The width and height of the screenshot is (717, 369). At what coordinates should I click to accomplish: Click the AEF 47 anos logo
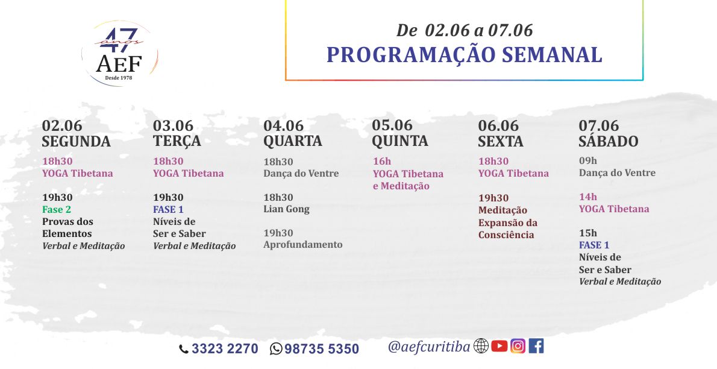click(119, 53)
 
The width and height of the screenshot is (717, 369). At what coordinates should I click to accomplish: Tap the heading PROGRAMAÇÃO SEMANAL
click(464, 55)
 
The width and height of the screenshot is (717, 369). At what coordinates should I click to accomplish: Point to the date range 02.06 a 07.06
click(479, 30)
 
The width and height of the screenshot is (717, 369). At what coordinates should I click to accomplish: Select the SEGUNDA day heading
click(77, 141)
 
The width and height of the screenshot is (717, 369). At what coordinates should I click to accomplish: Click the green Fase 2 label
click(57, 210)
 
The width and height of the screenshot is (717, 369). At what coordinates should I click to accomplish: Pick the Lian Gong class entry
click(286, 209)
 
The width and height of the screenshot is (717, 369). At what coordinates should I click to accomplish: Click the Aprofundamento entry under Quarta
click(302, 244)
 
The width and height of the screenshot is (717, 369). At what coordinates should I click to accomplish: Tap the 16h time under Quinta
click(382, 161)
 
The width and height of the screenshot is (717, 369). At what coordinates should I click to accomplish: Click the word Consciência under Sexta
click(506, 235)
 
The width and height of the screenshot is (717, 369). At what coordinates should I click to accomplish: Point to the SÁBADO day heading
click(608, 140)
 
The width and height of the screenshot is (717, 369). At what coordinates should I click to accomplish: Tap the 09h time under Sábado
click(588, 161)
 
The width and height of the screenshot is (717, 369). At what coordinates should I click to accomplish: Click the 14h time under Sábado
click(588, 197)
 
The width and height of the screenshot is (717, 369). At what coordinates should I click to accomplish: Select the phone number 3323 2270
click(225, 349)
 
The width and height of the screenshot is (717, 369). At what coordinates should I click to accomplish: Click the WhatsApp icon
click(276, 349)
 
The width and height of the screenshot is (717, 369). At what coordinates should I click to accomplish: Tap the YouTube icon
click(499, 346)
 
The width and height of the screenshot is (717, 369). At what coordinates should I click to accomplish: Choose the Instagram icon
click(518, 346)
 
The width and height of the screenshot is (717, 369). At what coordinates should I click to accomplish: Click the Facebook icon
click(536, 346)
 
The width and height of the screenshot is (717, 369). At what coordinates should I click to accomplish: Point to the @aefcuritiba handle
click(429, 347)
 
